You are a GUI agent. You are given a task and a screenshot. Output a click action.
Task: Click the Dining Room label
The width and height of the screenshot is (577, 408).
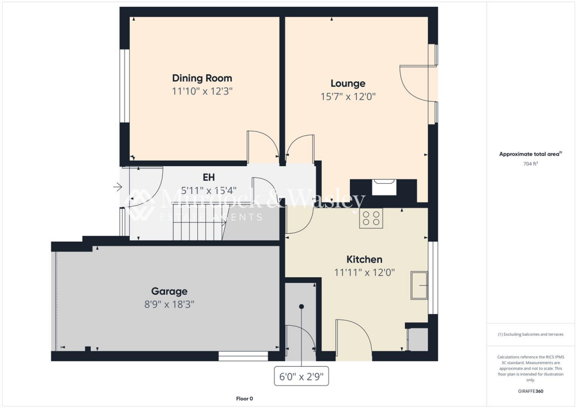click(x=202, y=78)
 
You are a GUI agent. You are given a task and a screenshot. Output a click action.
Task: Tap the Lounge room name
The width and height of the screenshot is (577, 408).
click(x=348, y=83)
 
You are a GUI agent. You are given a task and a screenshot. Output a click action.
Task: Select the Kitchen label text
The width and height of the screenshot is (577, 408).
click(x=364, y=259)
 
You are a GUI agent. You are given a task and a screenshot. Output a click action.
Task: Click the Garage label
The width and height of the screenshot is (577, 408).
click(x=169, y=291)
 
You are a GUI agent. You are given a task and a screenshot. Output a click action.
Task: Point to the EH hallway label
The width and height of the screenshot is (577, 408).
click(x=193, y=177)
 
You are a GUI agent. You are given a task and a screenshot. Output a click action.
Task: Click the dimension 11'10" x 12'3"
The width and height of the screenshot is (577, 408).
click(x=202, y=91)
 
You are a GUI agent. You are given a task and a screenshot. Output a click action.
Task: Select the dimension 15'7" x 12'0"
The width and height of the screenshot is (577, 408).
click(x=348, y=96)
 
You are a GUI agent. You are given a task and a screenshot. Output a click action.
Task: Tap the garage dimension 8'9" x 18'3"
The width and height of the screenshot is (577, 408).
click(x=169, y=304)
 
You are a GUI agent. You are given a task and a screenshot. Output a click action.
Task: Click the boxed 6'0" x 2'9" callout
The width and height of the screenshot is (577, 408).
click(x=301, y=376)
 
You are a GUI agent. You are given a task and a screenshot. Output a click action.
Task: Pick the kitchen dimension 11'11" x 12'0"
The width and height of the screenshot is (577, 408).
click(x=364, y=272)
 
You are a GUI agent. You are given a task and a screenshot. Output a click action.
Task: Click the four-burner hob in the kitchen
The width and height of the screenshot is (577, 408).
click(x=371, y=218)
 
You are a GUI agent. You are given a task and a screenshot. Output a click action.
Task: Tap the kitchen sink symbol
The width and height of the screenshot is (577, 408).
click(x=419, y=285)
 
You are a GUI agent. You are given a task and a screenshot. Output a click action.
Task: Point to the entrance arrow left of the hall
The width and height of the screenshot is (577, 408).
click(x=117, y=187)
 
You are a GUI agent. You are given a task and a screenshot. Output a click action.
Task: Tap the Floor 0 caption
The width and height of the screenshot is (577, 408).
click(x=245, y=398)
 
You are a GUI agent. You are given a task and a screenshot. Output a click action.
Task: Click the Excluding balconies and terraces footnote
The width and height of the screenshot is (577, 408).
click(x=530, y=334)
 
